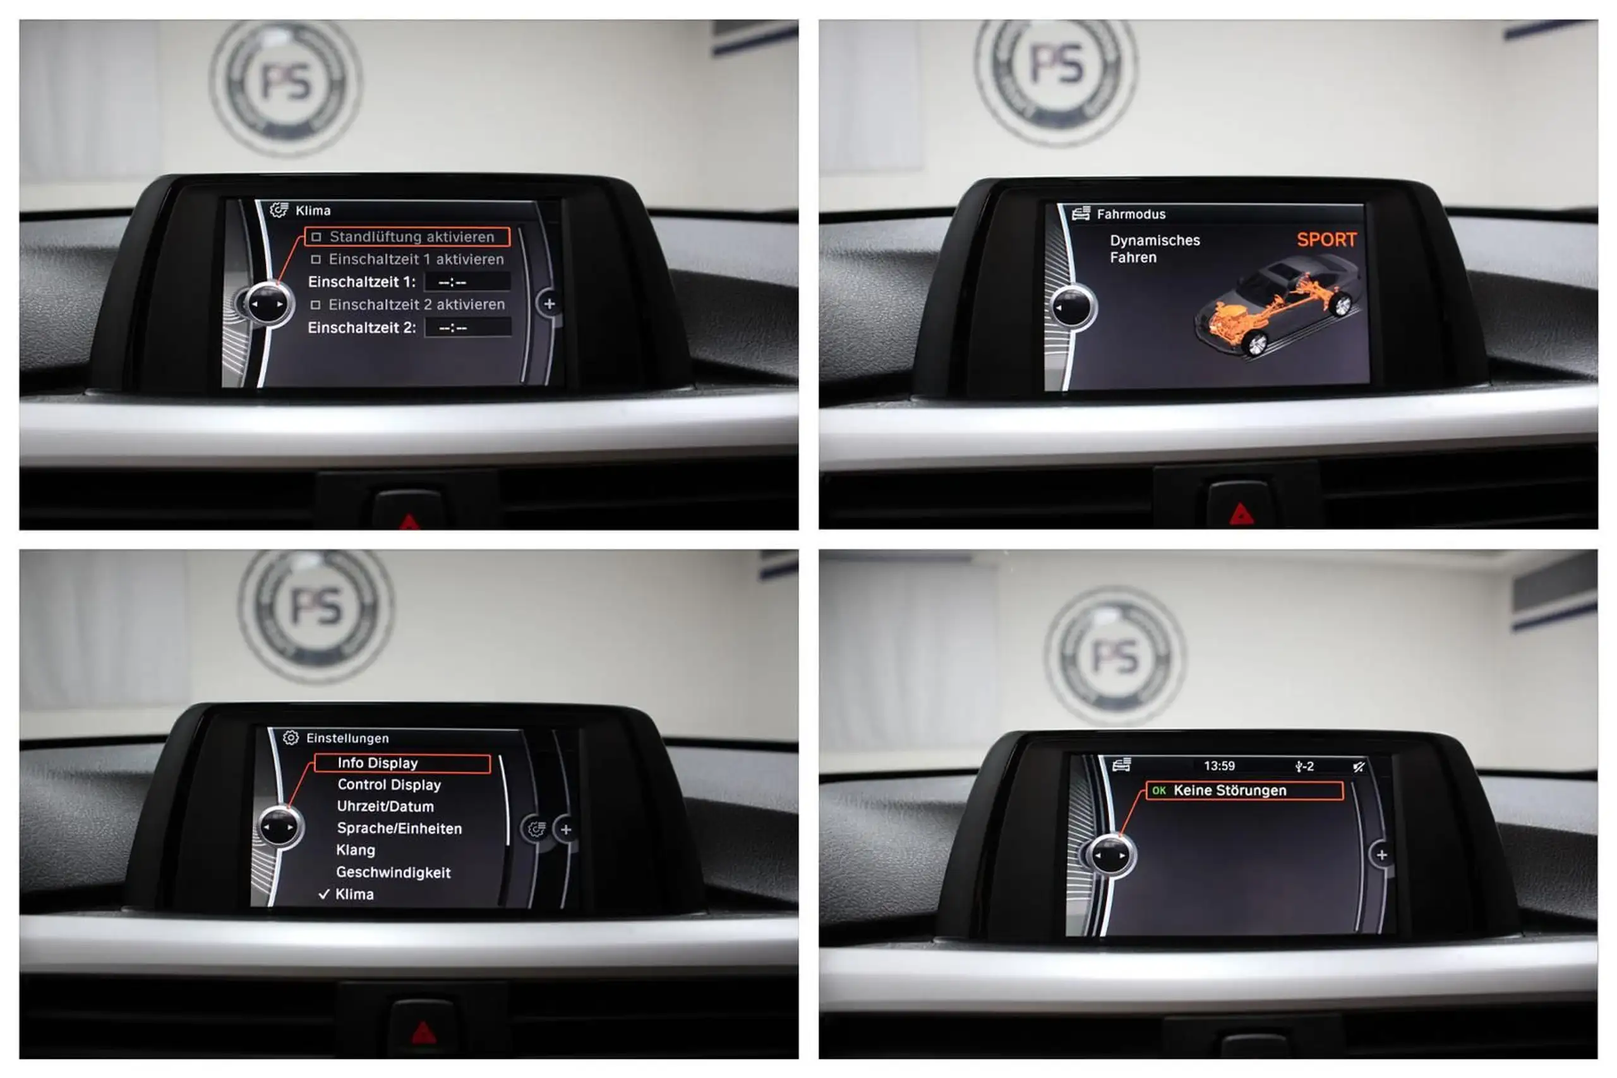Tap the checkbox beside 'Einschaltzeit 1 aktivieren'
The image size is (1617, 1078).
(x=316, y=259)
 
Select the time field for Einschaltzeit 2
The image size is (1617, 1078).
(x=467, y=327)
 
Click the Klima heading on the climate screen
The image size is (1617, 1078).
(x=313, y=210)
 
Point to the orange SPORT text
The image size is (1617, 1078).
(x=1326, y=239)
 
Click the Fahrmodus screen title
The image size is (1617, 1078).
(x=1131, y=214)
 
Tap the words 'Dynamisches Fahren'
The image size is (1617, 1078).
(x=1154, y=249)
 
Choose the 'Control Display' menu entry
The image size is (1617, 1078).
(x=389, y=784)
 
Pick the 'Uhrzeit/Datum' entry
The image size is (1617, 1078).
(x=385, y=806)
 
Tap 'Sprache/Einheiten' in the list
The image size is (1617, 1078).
(x=399, y=829)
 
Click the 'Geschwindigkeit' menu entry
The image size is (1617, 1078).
(x=394, y=872)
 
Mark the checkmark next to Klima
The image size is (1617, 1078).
(x=324, y=894)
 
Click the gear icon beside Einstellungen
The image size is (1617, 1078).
(x=291, y=738)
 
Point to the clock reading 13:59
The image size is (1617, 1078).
(x=1219, y=766)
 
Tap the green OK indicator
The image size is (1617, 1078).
(x=1158, y=791)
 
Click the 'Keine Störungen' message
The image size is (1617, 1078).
(x=1229, y=791)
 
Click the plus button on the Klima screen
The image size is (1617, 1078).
(x=550, y=304)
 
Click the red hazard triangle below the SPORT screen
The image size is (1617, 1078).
(x=1242, y=514)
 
